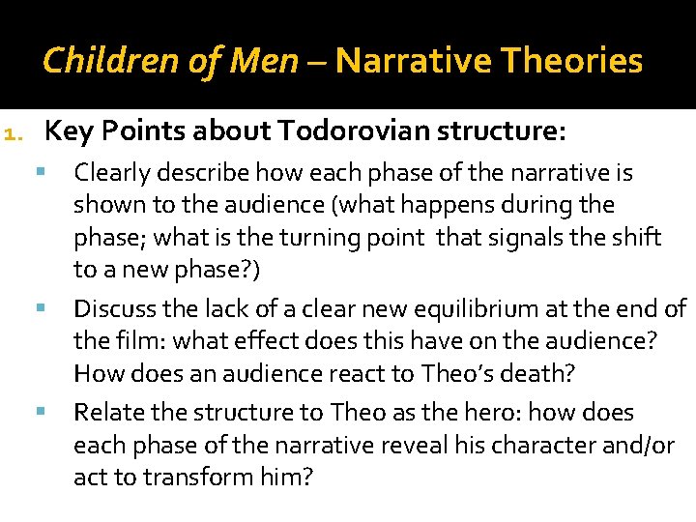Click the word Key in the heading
[68, 130]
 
